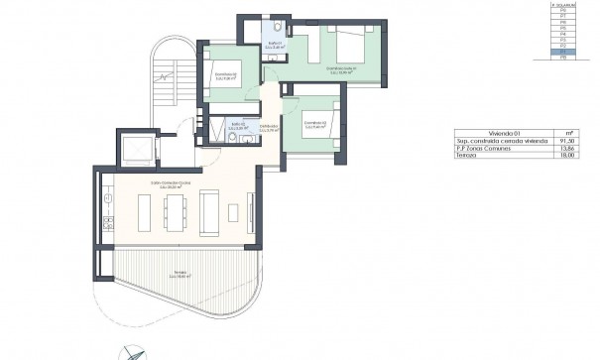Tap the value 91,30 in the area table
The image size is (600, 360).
[566, 142]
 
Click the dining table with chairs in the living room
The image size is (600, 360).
[177, 213]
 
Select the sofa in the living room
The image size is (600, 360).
[209, 212]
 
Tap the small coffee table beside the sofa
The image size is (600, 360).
[233, 212]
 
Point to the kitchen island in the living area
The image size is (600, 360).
[144, 213]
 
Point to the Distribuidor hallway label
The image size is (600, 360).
[268, 128]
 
